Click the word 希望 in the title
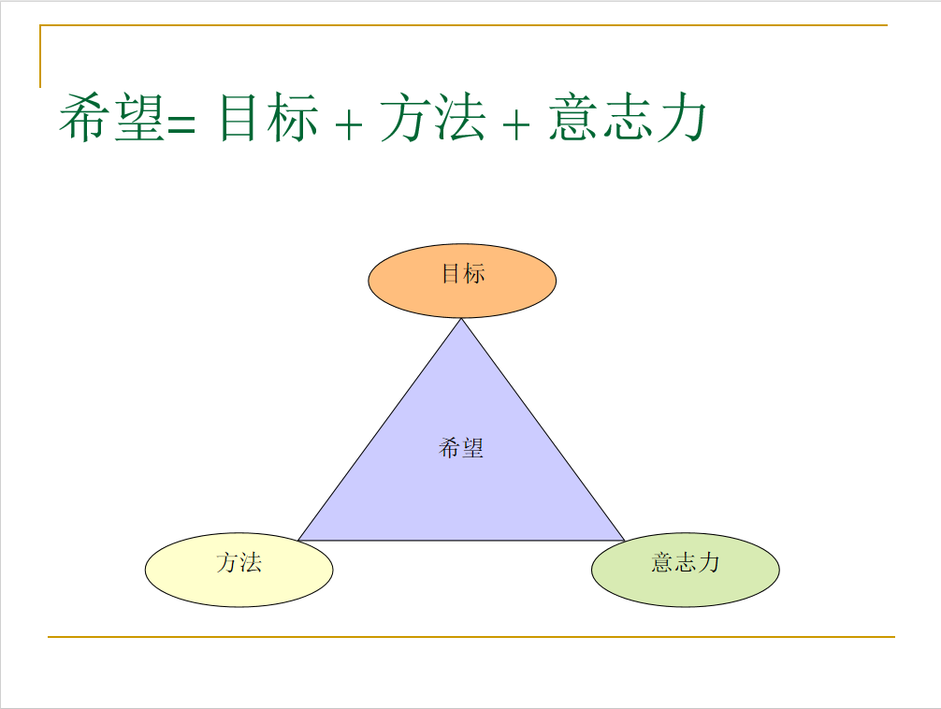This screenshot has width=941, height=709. pyautogui.click(x=112, y=117)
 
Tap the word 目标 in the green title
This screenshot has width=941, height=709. pyautogui.click(x=268, y=117)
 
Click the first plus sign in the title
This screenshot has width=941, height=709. pyautogui.click(x=349, y=125)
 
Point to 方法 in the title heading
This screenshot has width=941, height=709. pyautogui.click(x=433, y=117)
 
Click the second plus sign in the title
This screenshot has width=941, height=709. pyautogui.click(x=516, y=125)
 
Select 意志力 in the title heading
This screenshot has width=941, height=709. pyautogui.click(x=627, y=117)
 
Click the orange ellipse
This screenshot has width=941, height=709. pyautogui.click(x=462, y=281)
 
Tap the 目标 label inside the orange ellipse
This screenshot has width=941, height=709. pyautogui.click(x=463, y=274)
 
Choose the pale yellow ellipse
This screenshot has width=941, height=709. pyautogui.click(x=239, y=570)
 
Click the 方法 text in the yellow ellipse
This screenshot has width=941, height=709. pyautogui.click(x=239, y=562)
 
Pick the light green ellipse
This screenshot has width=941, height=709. pyautogui.click(x=686, y=570)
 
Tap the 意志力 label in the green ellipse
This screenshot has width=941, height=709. pyautogui.click(x=686, y=562)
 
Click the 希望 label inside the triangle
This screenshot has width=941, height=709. pyautogui.click(x=461, y=448)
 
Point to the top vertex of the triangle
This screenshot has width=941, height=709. pyautogui.click(x=461, y=319)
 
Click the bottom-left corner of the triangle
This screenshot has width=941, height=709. pyautogui.click(x=298, y=541)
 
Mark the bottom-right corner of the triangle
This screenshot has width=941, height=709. pyautogui.click(x=625, y=541)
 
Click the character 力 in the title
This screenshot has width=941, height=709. pyautogui.click(x=681, y=118)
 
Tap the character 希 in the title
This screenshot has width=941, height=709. pyautogui.click(x=84, y=118)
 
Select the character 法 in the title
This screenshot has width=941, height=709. pyautogui.click(x=459, y=118)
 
